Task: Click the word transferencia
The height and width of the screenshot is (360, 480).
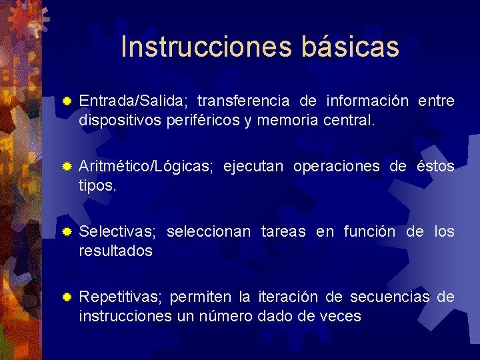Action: coord(243,101)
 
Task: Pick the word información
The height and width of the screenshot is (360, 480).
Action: coord(367,101)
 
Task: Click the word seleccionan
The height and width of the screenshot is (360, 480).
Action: coord(209,232)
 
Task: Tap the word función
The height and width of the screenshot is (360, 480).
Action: coord(370,232)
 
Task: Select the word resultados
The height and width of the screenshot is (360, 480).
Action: coord(115,251)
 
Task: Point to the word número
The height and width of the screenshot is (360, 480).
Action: coord(224,317)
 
